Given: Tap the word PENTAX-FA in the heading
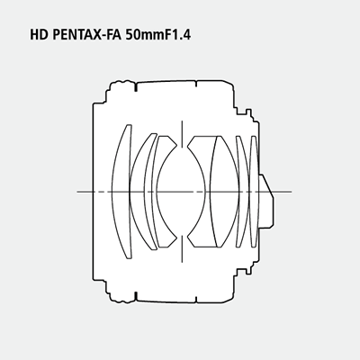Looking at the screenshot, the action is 86,35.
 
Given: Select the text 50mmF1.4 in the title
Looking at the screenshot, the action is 157,35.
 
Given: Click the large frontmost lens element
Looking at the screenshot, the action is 121,192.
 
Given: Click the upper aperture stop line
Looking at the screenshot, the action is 182,134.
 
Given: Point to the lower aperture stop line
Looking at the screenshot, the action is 182,248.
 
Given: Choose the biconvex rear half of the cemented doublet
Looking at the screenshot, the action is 224,192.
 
